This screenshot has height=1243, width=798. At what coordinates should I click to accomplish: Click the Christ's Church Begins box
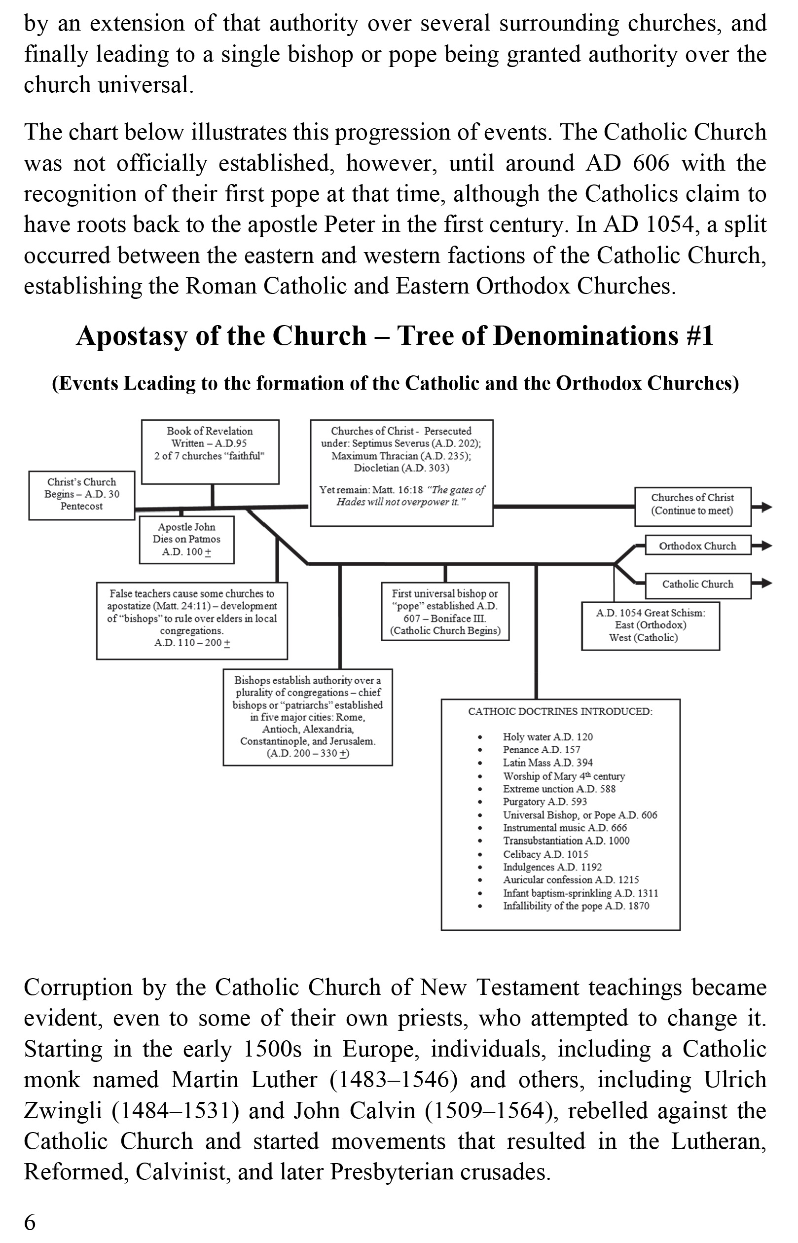(81, 495)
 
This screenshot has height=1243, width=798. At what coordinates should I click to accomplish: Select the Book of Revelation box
(210, 451)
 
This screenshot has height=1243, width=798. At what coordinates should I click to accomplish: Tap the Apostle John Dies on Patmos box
(186, 540)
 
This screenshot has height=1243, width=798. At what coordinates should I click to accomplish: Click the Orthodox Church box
(697, 546)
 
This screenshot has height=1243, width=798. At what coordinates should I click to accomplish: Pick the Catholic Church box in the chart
(697, 585)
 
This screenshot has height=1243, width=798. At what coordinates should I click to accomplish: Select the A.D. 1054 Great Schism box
(651, 625)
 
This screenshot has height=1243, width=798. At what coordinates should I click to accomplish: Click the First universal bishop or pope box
(445, 612)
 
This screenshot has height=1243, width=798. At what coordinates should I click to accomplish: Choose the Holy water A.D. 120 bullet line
(547, 737)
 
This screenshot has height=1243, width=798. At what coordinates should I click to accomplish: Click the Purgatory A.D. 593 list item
(544, 802)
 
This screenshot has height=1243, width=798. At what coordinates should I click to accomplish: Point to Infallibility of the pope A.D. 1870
(576, 906)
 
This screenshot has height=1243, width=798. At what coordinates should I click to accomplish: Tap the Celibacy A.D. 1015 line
(545, 854)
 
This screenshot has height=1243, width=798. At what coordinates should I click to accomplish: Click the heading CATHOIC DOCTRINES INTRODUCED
(560, 711)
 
